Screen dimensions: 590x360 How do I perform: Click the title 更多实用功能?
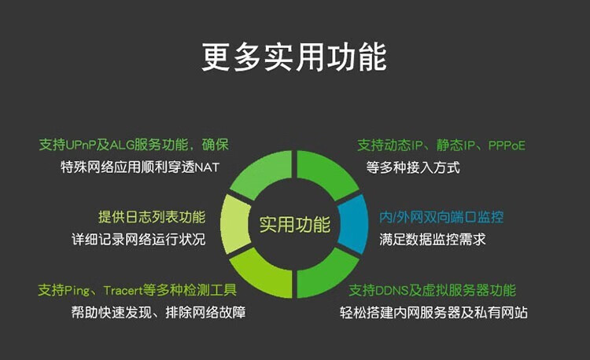click(x=294, y=57)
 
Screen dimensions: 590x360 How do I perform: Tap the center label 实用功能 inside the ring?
click(x=295, y=224)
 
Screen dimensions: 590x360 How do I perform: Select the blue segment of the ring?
click(x=354, y=224)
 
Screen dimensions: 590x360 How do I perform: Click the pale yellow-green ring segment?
click(x=235, y=224)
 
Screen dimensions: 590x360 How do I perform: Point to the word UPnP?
click(x=80, y=145)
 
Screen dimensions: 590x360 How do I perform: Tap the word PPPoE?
click(x=507, y=145)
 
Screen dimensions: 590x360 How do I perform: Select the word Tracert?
click(x=123, y=290)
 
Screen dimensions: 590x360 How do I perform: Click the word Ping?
click(x=77, y=291)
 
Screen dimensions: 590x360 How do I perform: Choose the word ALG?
click(x=121, y=145)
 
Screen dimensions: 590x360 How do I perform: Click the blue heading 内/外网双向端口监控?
click(x=441, y=217)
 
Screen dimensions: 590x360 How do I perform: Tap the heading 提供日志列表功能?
click(x=152, y=217)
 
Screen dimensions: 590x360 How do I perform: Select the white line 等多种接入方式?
click(x=413, y=167)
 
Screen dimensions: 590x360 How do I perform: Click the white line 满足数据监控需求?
click(x=433, y=240)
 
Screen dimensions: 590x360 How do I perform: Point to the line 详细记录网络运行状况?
click(x=138, y=240)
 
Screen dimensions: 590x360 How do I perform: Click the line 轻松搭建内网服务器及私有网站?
click(x=433, y=313)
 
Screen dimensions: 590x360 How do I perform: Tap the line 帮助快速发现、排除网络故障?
click(x=158, y=313)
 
